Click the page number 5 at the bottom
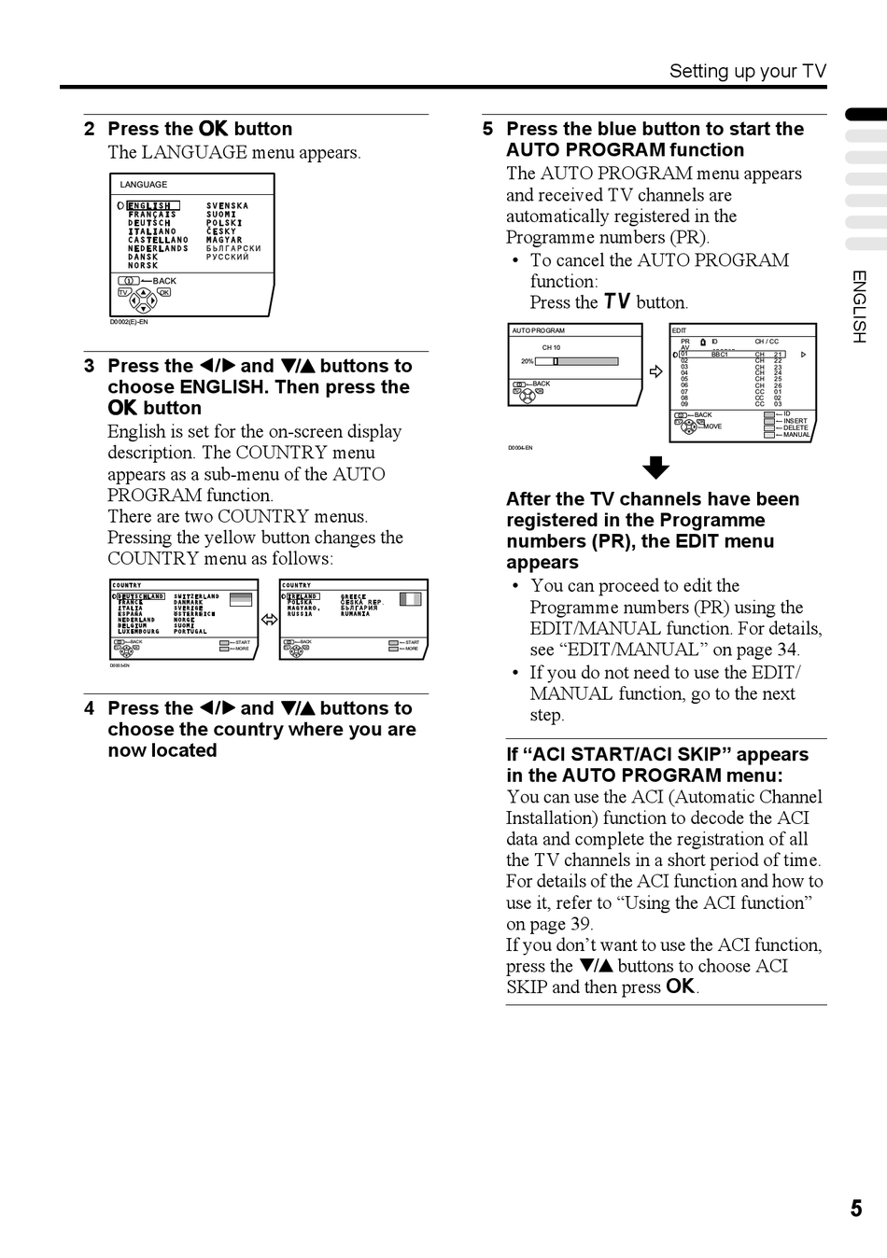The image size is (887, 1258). point(856,1209)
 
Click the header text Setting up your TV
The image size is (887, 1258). point(747,71)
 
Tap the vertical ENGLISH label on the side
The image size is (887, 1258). point(859,306)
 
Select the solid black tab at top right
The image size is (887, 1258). point(866,114)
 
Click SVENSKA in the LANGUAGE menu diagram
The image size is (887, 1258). point(228,206)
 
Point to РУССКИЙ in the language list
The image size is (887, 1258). point(228,258)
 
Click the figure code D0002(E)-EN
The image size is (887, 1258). point(129,322)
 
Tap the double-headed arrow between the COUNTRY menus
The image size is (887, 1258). point(269,620)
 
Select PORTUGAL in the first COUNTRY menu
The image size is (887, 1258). point(190,632)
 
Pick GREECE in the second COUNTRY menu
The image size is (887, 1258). point(354,597)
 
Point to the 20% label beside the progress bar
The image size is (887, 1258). point(528,361)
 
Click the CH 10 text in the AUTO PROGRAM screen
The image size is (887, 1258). point(551,347)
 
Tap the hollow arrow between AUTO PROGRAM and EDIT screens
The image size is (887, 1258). point(655,371)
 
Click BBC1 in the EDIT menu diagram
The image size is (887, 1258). point(719,355)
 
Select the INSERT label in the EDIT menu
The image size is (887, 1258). point(795,421)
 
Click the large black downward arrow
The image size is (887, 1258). point(656,468)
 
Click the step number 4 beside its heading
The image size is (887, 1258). point(89,708)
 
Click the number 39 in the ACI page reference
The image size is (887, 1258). point(581,924)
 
